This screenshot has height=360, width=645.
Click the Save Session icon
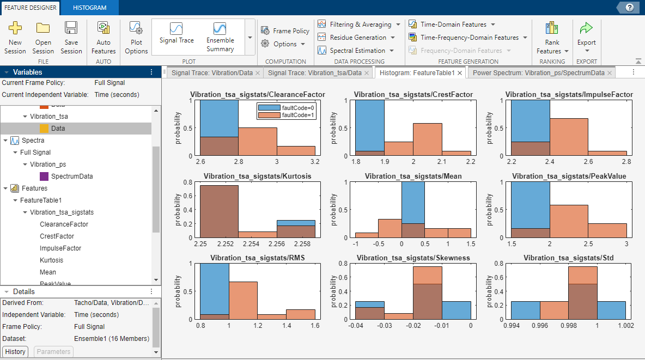(71, 29)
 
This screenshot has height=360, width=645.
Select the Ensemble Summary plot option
(220, 36)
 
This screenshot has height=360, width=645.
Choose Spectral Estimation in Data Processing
(357, 51)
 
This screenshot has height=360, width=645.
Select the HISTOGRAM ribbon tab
(89, 8)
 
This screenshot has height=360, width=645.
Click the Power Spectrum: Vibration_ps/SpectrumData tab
(538, 72)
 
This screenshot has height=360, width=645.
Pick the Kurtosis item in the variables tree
(51, 260)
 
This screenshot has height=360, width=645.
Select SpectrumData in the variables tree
(72, 176)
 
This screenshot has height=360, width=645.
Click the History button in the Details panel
(15, 352)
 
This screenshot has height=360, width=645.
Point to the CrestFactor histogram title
(413, 95)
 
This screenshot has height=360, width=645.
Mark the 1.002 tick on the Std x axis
(625, 326)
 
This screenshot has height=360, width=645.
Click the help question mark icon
(629, 8)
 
